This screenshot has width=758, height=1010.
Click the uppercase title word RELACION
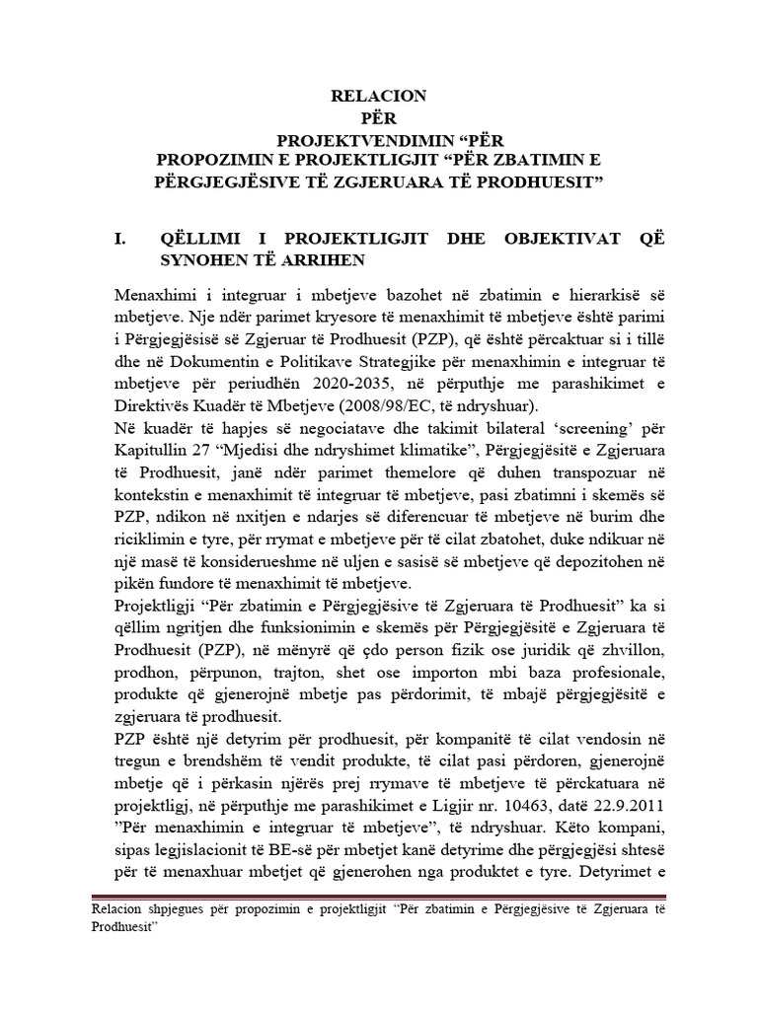click(x=379, y=96)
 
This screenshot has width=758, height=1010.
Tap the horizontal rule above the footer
click(x=378, y=896)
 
